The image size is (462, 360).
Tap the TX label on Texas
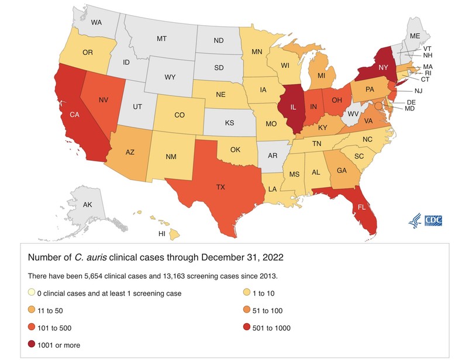tap(220, 187)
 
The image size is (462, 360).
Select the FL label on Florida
tap(361, 206)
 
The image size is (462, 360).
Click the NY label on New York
tap(384, 68)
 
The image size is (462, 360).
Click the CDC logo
tap(433, 220)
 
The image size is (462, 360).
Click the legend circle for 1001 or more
tap(32, 345)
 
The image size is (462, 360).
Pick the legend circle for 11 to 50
tap(32, 310)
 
